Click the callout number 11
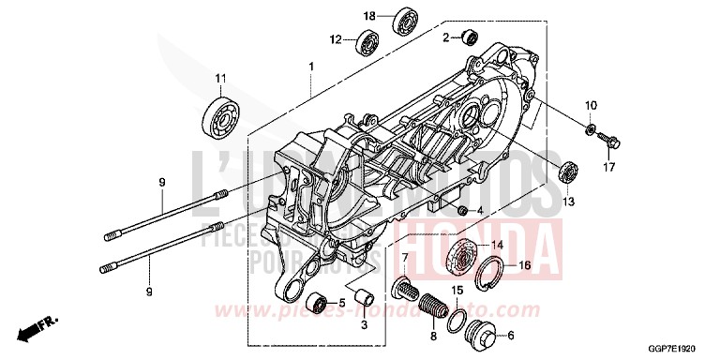tap(221, 77)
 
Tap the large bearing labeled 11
tap(220, 113)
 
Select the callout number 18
tap(369, 16)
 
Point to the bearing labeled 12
tap(368, 42)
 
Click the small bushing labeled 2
tap(467, 37)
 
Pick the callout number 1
tap(310, 67)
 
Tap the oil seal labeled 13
tap(566, 172)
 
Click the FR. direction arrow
tap(40, 327)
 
